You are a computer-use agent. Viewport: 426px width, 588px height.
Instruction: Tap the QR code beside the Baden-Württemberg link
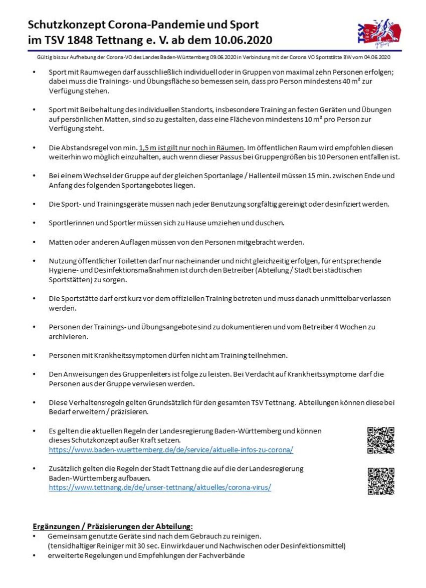[381, 440]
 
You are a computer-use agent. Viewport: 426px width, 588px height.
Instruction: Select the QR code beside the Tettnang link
[381, 481]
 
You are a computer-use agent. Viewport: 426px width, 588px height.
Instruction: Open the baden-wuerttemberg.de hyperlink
[171, 450]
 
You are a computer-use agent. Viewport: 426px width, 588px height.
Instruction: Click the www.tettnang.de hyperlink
[160, 487]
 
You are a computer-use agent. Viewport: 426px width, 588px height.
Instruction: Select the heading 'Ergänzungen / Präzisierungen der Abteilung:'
[113, 526]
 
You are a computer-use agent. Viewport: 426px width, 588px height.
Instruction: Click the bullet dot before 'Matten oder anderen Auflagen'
[34, 242]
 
